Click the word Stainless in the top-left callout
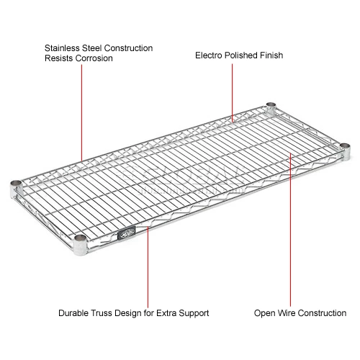pos(62,48)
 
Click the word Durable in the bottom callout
pos(75,313)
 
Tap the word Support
pos(192,313)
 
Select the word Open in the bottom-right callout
pos(264,313)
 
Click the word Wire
pos(287,313)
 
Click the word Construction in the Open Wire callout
pos(323,313)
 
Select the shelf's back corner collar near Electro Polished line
pos(271,107)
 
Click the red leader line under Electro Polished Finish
pos(233,90)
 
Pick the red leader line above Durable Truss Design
pos(147,266)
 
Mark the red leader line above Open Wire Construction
pos(290,230)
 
